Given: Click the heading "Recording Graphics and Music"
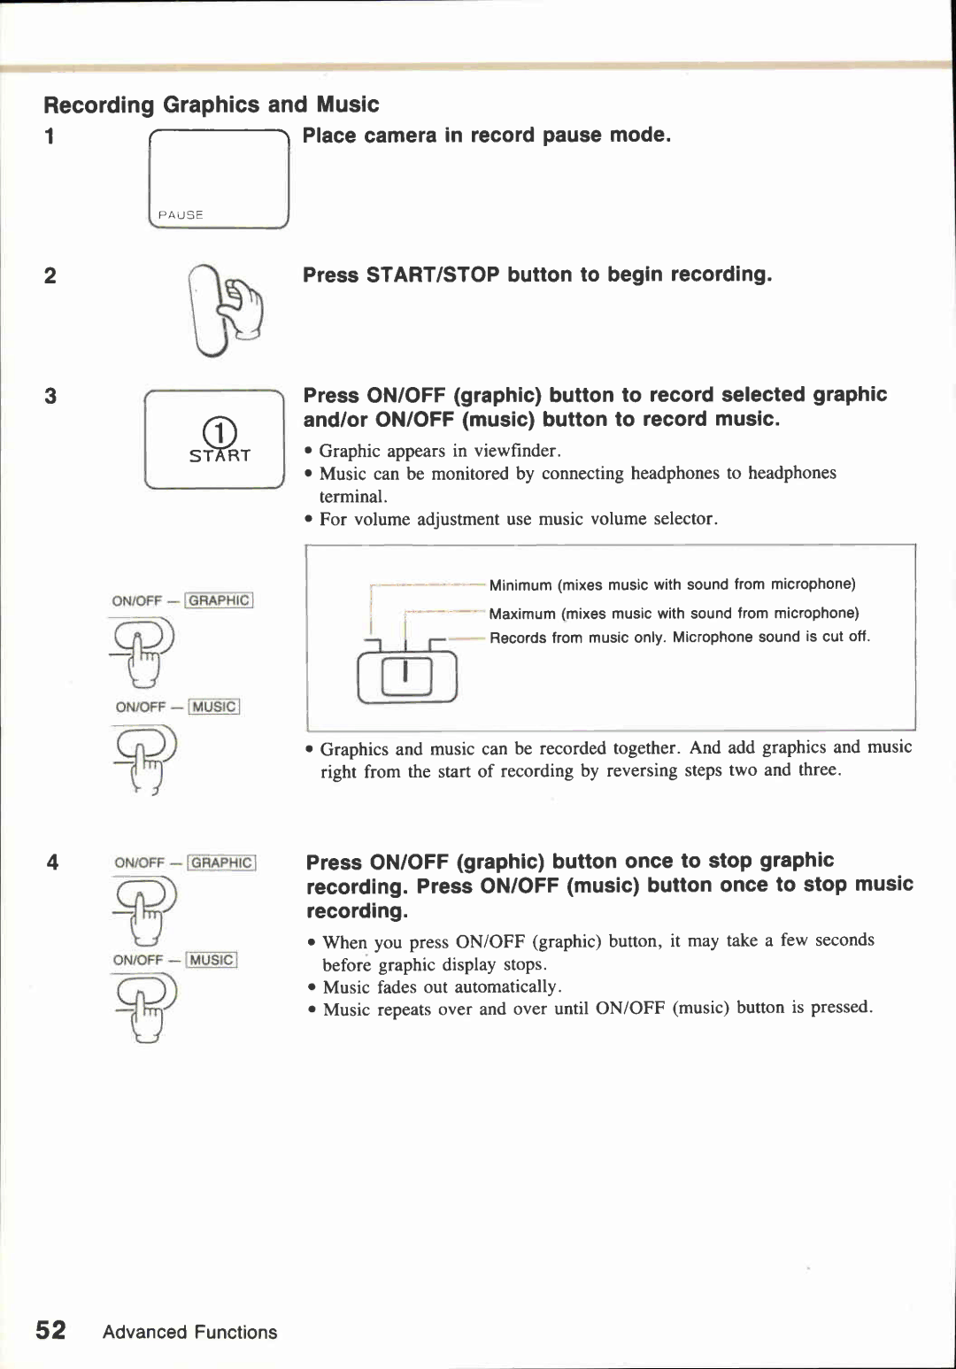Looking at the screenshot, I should click(211, 104).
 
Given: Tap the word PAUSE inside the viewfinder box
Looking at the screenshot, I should click(181, 214).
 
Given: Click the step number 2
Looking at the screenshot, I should click(50, 275).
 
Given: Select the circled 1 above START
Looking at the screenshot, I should click(220, 432).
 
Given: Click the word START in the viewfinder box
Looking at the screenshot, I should click(220, 456).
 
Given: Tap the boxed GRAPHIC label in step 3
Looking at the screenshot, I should click(220, 600).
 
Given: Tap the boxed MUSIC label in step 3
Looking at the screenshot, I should click(213, 707).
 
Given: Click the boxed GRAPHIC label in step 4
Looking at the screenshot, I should click(221, 862).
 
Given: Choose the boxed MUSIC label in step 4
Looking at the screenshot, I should click(211, 960).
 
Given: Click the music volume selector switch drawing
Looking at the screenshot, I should click(406, 676).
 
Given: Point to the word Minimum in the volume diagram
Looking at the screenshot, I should click(520, 585).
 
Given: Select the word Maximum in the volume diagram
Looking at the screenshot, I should click(522, 614).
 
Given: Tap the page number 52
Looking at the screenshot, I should click(50, 1330).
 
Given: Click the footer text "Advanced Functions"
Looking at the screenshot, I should click(189, 1332).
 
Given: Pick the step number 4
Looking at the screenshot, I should click(52, 862).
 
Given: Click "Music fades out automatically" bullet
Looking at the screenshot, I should click(441, 986).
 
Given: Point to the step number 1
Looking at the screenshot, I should click(50, 136).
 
